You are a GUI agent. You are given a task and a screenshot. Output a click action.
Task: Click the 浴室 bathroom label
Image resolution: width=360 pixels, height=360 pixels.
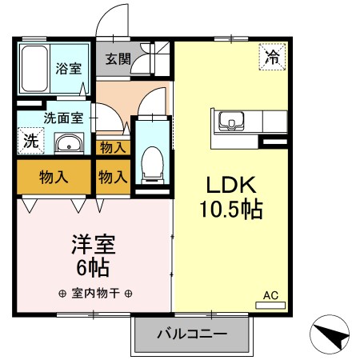68,69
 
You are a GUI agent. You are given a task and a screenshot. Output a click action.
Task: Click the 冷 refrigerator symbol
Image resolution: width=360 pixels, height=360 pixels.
272,57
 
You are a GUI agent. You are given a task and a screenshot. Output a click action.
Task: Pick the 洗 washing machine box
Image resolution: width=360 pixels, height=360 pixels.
30,141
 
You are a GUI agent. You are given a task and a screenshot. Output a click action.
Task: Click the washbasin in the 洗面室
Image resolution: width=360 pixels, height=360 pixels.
68,145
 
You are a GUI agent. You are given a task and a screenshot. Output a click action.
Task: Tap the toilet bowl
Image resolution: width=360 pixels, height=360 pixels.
150,164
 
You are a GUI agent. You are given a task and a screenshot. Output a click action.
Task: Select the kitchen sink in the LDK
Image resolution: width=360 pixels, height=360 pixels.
232,122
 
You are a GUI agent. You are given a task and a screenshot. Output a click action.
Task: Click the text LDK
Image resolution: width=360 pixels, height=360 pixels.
231,186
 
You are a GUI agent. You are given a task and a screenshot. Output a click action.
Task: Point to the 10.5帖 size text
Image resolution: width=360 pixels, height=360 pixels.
231,210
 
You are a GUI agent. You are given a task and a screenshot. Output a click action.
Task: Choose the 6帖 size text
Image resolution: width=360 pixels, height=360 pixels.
94,267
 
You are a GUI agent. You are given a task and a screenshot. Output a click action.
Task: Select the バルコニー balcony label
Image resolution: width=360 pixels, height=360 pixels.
192,333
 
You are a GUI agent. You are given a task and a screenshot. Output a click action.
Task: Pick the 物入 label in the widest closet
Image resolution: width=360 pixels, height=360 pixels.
53,178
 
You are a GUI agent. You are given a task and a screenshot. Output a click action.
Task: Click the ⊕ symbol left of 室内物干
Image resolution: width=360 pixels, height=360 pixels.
62,293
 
